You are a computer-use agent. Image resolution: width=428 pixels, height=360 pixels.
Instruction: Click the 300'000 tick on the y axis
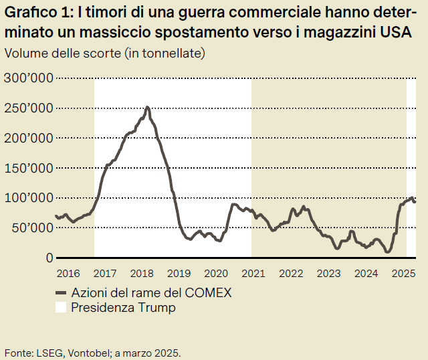click(x=28, y=78)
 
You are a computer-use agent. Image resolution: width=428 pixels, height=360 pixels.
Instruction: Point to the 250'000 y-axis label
click(x=28, y=108)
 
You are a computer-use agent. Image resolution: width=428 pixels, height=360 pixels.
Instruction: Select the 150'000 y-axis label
click(x=28, y=168)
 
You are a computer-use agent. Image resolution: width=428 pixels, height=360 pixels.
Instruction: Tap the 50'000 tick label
click(x=31, y=228)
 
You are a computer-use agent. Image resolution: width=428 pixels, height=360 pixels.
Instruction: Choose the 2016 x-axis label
click(x=68, y=273)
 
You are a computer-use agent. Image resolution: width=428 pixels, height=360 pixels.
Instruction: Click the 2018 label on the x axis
click(x=142, y=273)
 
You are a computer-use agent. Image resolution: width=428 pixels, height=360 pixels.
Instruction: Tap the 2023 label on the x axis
click(x=328, y=273)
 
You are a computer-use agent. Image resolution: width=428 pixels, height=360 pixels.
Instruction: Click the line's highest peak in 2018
click(x=147, y=107)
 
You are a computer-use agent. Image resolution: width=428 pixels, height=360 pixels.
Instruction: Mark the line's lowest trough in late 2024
click(x=387, y=252)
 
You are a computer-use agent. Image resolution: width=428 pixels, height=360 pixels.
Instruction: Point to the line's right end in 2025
click(x=415, y=201)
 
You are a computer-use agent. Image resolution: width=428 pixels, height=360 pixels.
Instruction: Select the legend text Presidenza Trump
click(x=123, y=308)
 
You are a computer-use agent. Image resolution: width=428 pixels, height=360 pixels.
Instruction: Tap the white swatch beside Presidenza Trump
click(x=62, y=308)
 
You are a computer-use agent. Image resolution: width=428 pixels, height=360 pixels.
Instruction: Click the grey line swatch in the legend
click(x=62, y=292)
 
